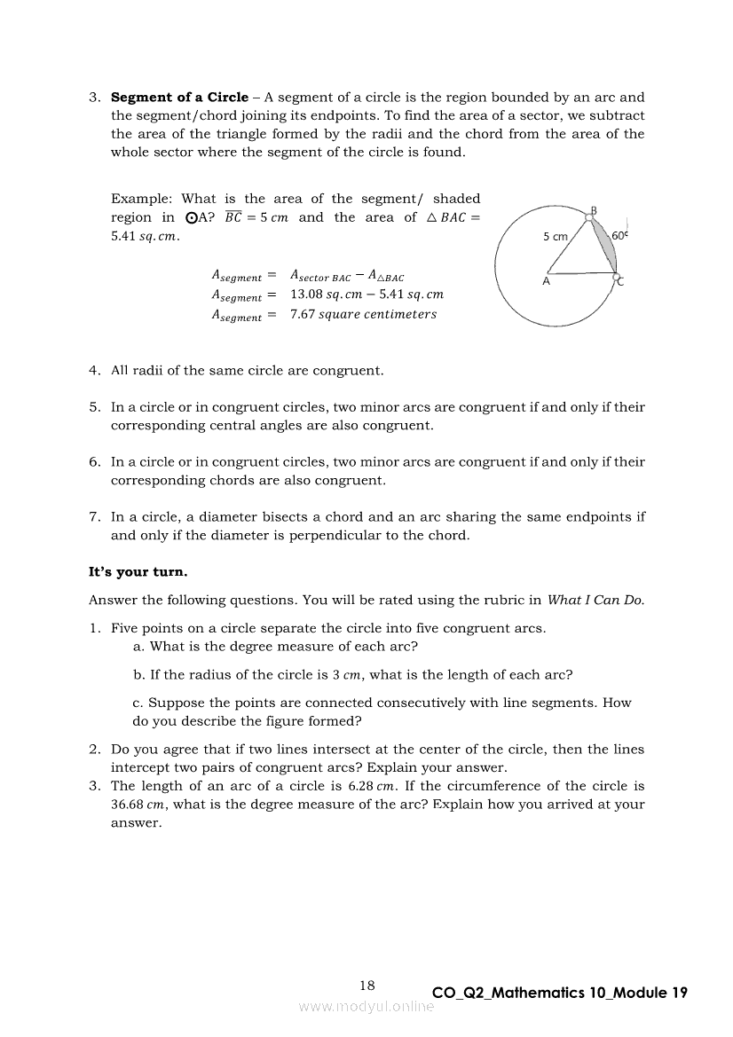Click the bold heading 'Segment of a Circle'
point(179,98)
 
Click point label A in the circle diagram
point(546,281)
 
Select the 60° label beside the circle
point(620,237)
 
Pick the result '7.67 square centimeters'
point(363,314)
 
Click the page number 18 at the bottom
point(367,985)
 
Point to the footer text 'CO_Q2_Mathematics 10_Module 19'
point(559,993)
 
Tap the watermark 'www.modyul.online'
point(366,1007)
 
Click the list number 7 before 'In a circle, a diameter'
point(93,517)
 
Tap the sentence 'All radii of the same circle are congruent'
point(247,371)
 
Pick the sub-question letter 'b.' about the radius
point(139,674)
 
